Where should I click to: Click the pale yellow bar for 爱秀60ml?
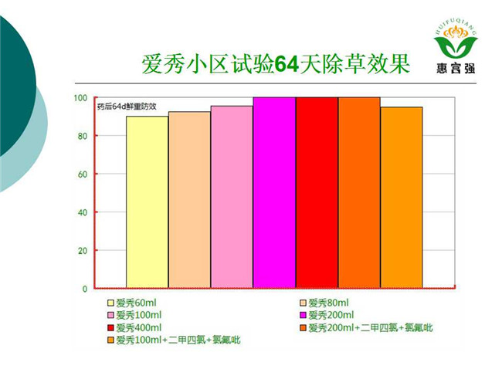148,202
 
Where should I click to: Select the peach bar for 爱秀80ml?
189,200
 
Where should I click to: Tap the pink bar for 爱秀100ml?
232,197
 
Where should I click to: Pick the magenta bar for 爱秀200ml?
274,193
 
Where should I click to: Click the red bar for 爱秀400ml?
317,193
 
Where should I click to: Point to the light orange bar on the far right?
402,198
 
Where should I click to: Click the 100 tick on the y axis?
80,98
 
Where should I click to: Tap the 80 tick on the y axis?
83,136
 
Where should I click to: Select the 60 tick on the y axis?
83,174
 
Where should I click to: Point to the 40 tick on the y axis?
83,212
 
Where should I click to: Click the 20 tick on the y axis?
83,251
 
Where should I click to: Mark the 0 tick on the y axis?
85,289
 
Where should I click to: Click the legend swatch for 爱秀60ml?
110,303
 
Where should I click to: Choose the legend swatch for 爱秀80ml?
303,303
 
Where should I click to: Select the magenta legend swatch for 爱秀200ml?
303,316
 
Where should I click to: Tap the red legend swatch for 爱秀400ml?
110,328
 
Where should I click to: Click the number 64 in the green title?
287,64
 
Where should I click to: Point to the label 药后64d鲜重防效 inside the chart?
127,107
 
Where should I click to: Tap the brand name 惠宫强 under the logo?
456,68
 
